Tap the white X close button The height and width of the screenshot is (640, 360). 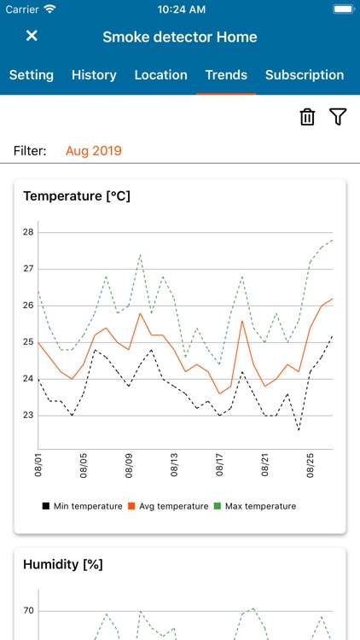pos(32,36)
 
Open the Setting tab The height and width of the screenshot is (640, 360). pos(32,75)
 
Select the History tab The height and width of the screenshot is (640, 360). pos(94,75)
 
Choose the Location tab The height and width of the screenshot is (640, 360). pos(160,75)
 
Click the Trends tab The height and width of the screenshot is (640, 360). pos(226,75)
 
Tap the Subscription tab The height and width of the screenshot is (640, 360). pos(305,75)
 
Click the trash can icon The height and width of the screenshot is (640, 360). pos(307,118)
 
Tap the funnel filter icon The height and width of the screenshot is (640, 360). pos(338,118)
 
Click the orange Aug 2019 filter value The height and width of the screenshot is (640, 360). pos(94,151)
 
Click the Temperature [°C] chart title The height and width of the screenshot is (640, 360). pos(77,196)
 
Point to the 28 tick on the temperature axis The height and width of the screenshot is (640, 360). pos(28,232)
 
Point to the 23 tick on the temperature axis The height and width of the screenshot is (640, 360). pos(28,416)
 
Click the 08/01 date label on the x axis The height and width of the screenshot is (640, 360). pos(38,467)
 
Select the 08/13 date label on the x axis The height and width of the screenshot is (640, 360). pos(175,467)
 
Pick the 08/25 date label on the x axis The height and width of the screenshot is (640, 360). pos(311,467)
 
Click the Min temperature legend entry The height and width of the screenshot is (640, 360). pos(82,506)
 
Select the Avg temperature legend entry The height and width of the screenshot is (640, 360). pos(168,506)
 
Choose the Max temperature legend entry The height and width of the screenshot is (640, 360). pos(255,506)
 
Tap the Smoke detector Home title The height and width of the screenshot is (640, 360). pos(180,37)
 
